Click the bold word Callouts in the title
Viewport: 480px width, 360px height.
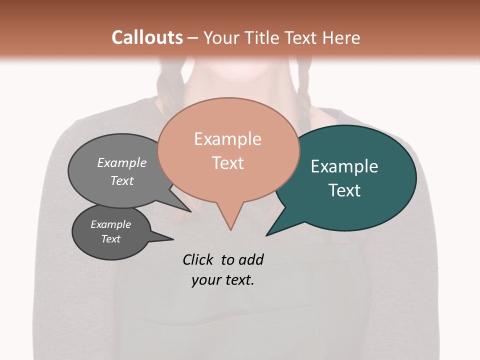pos(147,37)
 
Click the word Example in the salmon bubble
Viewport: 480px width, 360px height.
pos(227,139)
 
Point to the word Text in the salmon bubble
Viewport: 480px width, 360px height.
pos(227,163)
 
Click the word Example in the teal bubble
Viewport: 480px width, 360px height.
pos(344,166)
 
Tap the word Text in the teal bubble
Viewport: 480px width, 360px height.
pos(344,190)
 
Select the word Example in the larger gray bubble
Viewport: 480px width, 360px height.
pos(121,162)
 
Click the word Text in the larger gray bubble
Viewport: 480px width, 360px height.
pos(121,180)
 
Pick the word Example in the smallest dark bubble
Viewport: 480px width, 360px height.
pos(110,224)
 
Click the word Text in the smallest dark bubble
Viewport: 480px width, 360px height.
pos(110,239)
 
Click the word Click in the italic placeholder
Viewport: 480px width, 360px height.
pos(198,259)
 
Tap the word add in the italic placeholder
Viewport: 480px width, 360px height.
pos(250,259)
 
